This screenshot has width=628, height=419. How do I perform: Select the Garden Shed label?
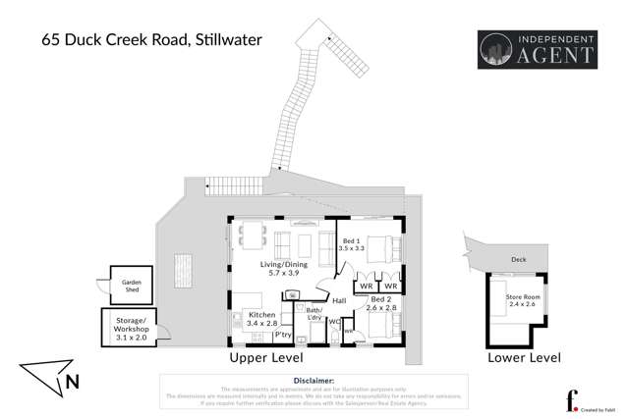(132, 285)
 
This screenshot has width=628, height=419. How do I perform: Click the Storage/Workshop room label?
(131, 328)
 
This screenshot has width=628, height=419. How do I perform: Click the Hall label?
(339, 301)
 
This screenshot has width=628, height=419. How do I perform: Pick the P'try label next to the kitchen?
(283, 335)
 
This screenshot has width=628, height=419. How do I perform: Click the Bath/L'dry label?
(315, 314)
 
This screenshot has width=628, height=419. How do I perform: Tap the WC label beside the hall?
(333, 321)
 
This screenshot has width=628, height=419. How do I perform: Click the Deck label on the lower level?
(518, 260)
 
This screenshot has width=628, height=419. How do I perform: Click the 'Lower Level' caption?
(524, 358)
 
